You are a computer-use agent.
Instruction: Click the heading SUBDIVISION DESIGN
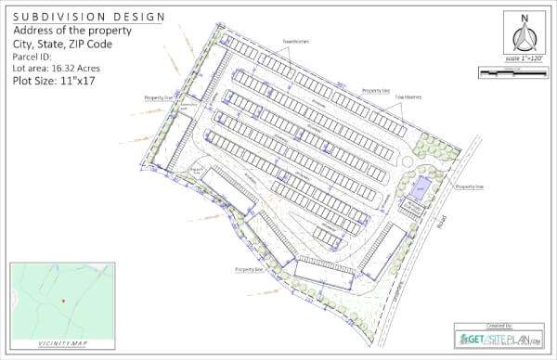click(89, 17)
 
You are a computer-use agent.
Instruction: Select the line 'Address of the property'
click(71, 31)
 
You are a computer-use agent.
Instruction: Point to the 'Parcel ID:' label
click(35, 57)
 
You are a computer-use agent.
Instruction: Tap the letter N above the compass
click(525, 18)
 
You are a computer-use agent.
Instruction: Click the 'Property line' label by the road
click(469, 186)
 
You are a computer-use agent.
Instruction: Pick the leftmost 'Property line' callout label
click(158, 96)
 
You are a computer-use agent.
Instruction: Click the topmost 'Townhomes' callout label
click(296, 42)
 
